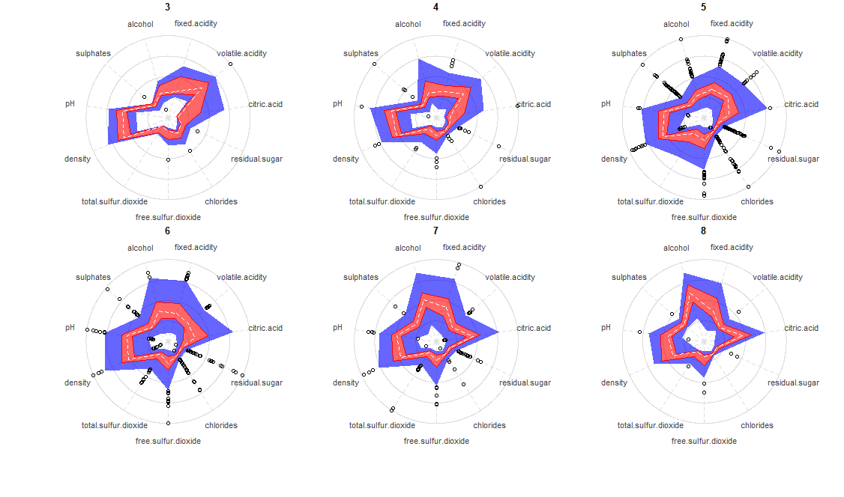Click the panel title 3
pos(167,7)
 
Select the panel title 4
pos(435,7)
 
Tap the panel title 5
pos(703,7)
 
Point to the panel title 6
pos(167,231)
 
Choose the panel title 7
pos(435,231)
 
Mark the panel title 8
pos(703,231)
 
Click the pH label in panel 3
pos(70,104)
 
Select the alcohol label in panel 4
pos(408,24)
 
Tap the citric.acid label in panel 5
pos(801,104)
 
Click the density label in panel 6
pos(77,382)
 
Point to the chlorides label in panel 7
pos(489,425)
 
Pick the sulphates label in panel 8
pos(629,277)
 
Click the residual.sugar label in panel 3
pos(257,159)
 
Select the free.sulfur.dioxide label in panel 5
pos(704,217)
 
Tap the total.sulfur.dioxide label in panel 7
pos(382,425)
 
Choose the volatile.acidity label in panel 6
pos(241,277)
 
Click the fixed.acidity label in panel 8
pos(732,247)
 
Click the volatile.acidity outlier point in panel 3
pos(230,64)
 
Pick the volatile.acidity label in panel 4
pos(510,53)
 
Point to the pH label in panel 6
pos(70,327)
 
